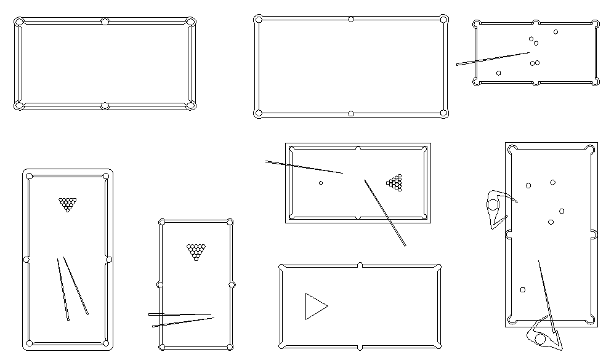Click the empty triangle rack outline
315,306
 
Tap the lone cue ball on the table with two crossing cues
321,183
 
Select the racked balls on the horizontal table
395,182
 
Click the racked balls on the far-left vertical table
68,204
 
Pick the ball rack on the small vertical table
196,251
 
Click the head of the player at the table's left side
493,204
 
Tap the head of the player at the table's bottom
540,338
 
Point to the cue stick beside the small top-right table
493,59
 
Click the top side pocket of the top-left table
105,22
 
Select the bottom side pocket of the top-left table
105,106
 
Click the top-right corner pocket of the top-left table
191,22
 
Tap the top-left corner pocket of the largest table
259,19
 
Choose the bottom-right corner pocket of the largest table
444,113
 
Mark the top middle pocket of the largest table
351,19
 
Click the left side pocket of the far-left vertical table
26,260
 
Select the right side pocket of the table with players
594,234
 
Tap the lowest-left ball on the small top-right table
498,73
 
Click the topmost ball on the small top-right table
555,32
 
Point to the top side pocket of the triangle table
360,265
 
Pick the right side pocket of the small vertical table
232,284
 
